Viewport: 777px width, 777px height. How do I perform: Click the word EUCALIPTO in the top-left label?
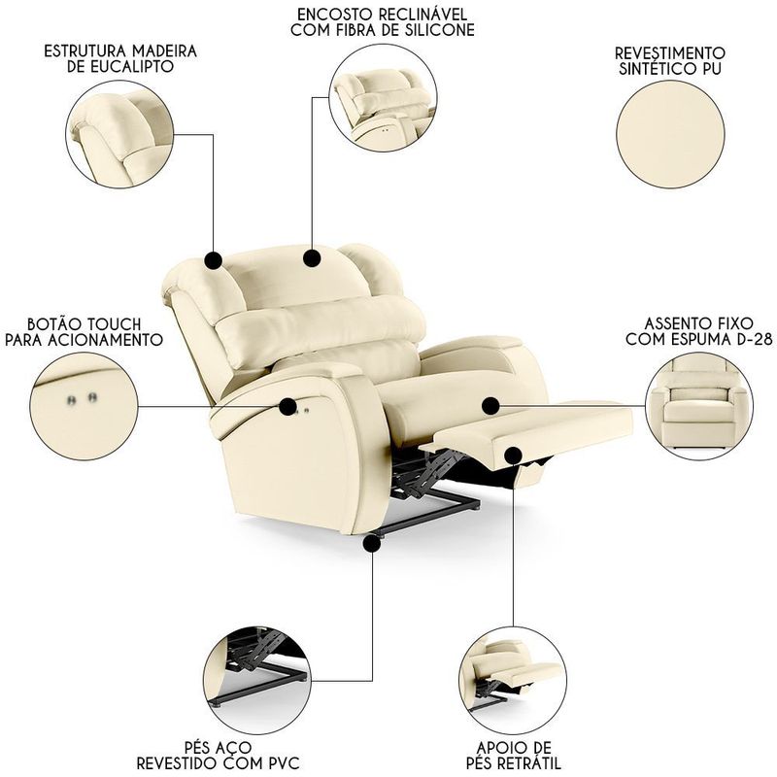click(x=120, y=66)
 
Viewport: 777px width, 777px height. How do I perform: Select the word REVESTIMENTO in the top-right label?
click(x=670, y=52)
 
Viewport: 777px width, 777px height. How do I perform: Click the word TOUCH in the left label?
click(x=112, y=324)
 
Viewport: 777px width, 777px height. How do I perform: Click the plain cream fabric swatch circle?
click(x=670, y=134)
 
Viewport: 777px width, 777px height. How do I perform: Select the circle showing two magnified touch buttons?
click(x=84, y=407)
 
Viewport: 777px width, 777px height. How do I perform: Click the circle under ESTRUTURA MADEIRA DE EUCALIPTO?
click(x=119, y=134)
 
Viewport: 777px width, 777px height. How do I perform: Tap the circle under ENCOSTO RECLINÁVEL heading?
click(x=383, y=97)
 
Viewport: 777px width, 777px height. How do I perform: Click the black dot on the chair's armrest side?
click(x=287, y=407)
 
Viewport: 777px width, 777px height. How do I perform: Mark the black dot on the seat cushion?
click(x=490, y=406)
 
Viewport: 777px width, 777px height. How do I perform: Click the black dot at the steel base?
click(x=372, y=544)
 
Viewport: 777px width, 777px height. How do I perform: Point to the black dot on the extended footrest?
click(x=514, y=455)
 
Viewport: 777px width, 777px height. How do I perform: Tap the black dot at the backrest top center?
click(x=312, y=258)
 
